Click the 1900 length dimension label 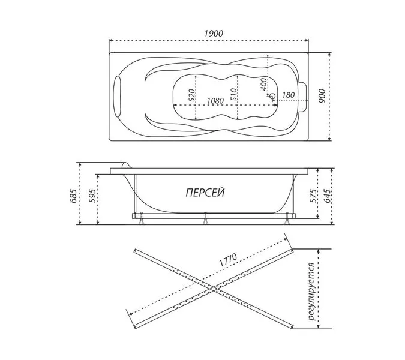pos(214,34)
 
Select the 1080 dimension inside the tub pos(215,100)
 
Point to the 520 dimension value pos(191,95)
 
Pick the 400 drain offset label pos(264,84)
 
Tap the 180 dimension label pos(288,95)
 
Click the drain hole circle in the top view pos(272,97)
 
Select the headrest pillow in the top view pos(118,97)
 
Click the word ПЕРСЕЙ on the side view pos(205,193)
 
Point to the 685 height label pos(73,196)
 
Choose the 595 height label pos(93,196)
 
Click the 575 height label pos(313,196)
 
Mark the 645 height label pos(326,196)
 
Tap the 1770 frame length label pos(228,260)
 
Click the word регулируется pos(311,292)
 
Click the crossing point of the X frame pos(214,289)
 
